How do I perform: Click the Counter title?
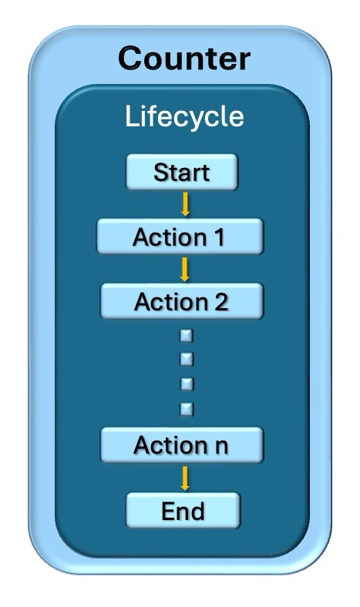coord(183,58)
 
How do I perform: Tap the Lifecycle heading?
coord(184,116)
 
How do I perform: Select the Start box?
coord(182,172)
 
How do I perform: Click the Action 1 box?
coord(180,236)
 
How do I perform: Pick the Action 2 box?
coord(182,301)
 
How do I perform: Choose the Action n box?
coord(182,444)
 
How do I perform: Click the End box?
coord(183,510)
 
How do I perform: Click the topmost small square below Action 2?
coord(186,335)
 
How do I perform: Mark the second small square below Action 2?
coord(186,359)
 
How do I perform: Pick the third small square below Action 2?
coord(186,383)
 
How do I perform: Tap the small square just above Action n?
coord(186,407)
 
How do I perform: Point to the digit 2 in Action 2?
coord(221,301)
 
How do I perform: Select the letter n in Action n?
coord(221,445)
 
